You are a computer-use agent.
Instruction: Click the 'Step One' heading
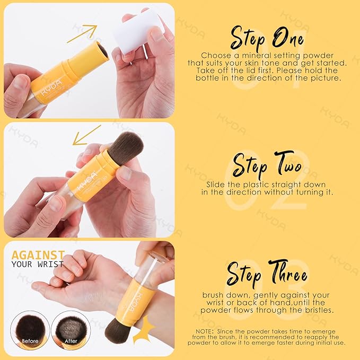[x=266, y=38]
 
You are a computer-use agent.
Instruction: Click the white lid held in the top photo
[x=137, y=30]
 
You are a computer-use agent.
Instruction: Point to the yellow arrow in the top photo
[x=82, y=33]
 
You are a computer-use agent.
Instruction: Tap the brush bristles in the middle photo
[x=126, y=148]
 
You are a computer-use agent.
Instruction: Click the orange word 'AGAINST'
[x=38, y=254]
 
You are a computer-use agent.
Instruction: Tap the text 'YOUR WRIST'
[x=38, y=264]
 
